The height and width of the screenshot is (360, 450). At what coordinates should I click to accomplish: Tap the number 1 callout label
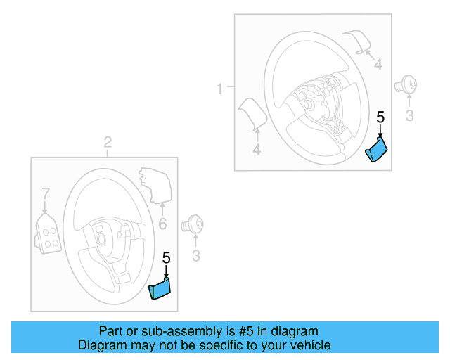coord(219,89)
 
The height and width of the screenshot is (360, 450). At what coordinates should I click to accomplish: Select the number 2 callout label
coord(108,143)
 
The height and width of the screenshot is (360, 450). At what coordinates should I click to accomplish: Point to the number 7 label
coord(46,193)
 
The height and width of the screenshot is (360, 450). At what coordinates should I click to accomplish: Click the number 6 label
coord(162,224)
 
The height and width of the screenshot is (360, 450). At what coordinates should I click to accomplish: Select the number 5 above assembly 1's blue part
coord(380,117)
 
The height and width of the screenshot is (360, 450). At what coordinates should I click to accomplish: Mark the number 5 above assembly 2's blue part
coord(166,257)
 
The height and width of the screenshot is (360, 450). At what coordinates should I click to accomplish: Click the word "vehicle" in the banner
coord(310,345)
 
